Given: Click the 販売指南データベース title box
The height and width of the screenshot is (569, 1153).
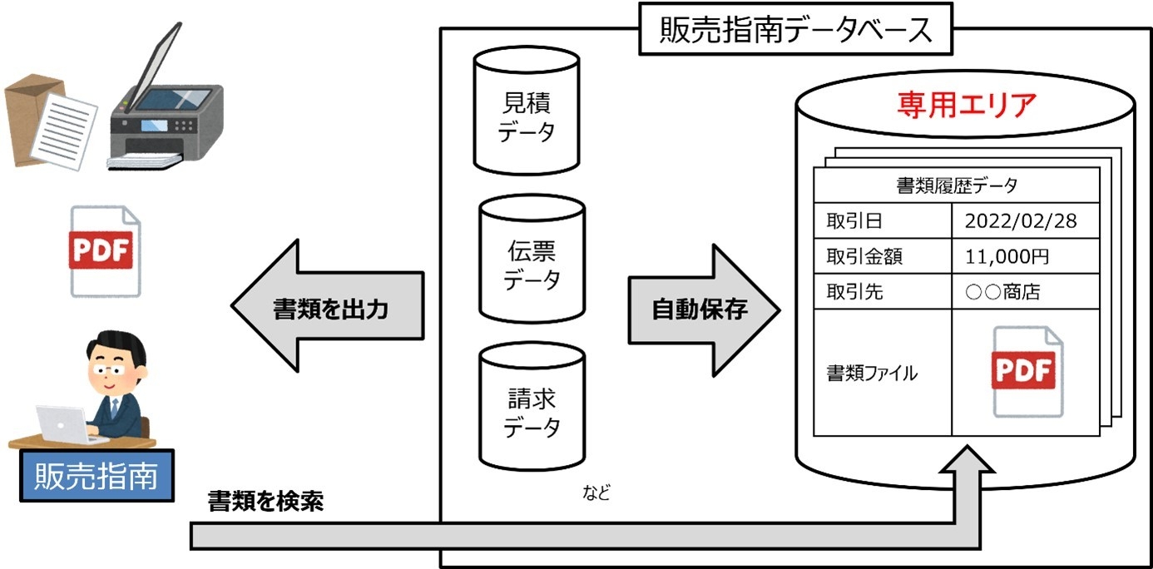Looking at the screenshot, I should tap(794, 32).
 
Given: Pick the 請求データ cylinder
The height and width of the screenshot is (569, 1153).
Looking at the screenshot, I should tap(532, 408).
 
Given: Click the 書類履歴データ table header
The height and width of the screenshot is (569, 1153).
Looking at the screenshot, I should tap(956, 186).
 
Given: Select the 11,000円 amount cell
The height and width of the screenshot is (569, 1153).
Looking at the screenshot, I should tap(1007, 257).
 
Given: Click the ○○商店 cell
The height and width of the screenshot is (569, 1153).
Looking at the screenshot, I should tap(1002, 292).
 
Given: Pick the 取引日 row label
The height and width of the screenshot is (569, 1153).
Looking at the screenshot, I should tap(854, 222).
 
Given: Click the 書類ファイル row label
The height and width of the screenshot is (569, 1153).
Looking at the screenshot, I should tap(871, 374).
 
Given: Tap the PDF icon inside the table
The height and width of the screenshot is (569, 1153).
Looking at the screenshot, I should tap(1026, 371).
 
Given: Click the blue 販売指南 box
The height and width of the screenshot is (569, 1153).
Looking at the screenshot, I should tap(96, 477).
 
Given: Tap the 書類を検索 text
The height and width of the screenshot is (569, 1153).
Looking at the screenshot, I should tap(265, 502).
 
